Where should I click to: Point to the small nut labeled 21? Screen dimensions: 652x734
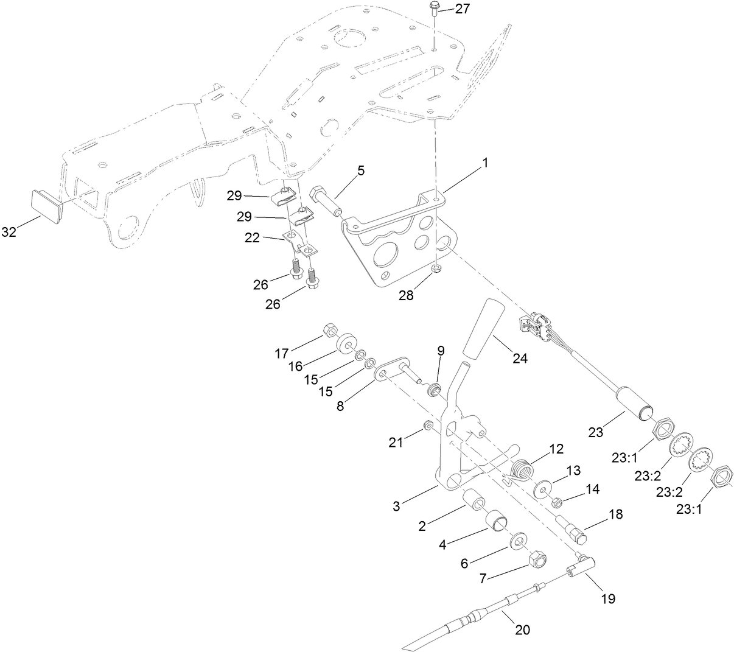coord(428,424)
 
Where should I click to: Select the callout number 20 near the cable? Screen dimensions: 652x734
coord(522,630)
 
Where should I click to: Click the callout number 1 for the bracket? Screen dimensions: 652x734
coord(485,164)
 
